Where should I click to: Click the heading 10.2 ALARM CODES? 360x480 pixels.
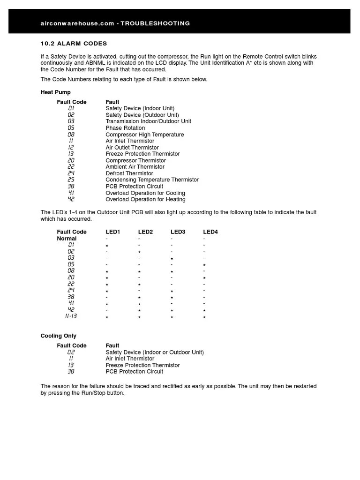(74, 44)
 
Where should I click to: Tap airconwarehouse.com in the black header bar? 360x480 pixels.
(77, 23)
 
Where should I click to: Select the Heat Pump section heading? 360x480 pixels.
(55, 92)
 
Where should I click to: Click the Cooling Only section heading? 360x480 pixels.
(58, 336)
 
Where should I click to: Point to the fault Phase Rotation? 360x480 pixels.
(125, 128)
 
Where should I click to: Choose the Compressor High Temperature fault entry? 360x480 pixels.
(144, 135)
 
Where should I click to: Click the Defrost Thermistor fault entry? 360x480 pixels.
(129, 173)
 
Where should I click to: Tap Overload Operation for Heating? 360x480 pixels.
(145, 199)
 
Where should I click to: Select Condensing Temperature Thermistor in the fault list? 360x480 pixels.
(152, 180)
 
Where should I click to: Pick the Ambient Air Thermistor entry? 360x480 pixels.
(135, 167)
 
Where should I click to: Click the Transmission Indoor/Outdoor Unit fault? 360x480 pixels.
(148, 121)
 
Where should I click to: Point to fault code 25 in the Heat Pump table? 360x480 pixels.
(71, 180)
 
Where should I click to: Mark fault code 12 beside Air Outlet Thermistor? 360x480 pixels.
(71, 148)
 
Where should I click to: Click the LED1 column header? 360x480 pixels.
(113, 232)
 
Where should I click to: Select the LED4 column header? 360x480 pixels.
(210, 232)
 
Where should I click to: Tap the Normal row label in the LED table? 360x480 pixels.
(67, 239)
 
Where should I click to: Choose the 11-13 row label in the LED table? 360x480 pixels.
(71, 316)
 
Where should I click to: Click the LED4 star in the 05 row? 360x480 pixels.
(204, 266)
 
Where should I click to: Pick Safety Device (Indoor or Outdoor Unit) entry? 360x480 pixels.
(155, 352)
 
